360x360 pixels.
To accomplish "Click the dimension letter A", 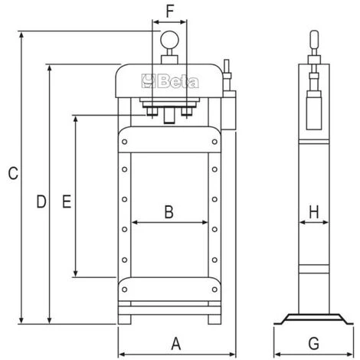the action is (176, 343).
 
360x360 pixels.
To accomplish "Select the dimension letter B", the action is (169, 212).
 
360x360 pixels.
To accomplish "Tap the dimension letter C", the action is (13, 173).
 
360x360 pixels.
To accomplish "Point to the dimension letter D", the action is (41, 201).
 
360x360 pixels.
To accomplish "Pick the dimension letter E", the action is (67, 201).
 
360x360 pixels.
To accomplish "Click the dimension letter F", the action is (170, 11).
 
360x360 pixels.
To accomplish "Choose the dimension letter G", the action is (313, 343).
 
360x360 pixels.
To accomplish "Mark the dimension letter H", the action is (314, 212).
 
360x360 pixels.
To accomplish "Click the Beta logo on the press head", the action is (170, 81).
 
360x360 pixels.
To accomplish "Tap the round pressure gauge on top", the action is (169, 40).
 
